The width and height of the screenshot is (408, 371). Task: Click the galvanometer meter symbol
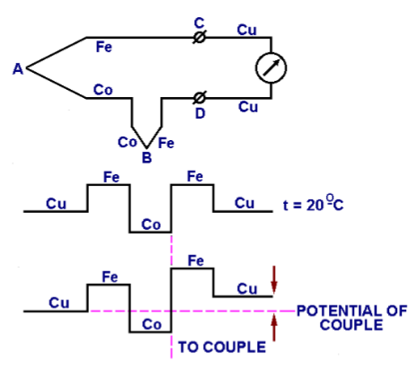270,66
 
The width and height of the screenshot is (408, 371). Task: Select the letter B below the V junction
146,158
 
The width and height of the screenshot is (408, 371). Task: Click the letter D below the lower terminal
199,112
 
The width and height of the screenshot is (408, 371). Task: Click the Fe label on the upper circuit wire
104,47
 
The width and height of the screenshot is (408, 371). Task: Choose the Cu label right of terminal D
246,106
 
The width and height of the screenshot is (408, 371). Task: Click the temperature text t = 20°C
315,204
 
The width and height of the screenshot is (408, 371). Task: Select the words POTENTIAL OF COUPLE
350,317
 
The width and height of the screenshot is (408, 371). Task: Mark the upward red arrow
275,329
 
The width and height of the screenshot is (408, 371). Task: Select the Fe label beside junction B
166,142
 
